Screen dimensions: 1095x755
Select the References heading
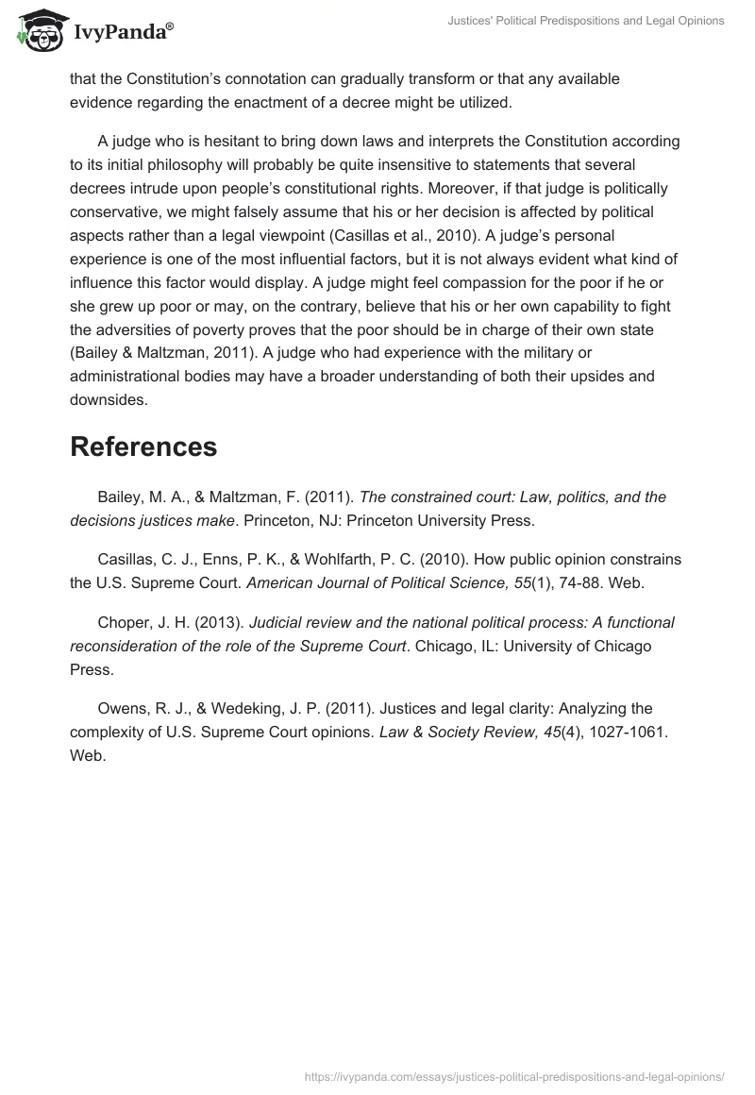(143, 446)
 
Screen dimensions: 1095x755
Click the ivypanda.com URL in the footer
(513, 1075)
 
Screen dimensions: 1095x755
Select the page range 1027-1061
(628, 732)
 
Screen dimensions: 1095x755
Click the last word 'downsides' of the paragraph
(109, 400)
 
